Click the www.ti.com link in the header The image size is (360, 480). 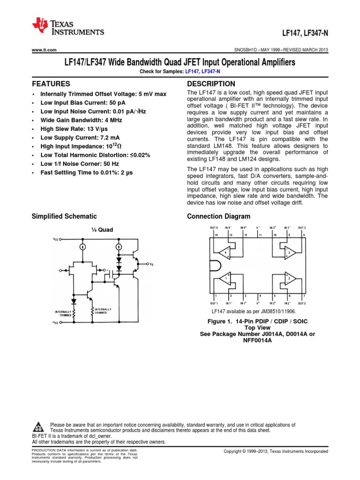coord(44,50)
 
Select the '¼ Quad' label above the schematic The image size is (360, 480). coord(102,230)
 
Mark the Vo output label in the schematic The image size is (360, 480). coord(151,264)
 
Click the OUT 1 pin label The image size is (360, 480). coord(214,303)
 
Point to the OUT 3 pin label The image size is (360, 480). coord(302,227)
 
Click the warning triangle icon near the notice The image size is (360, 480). coord(39,427)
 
